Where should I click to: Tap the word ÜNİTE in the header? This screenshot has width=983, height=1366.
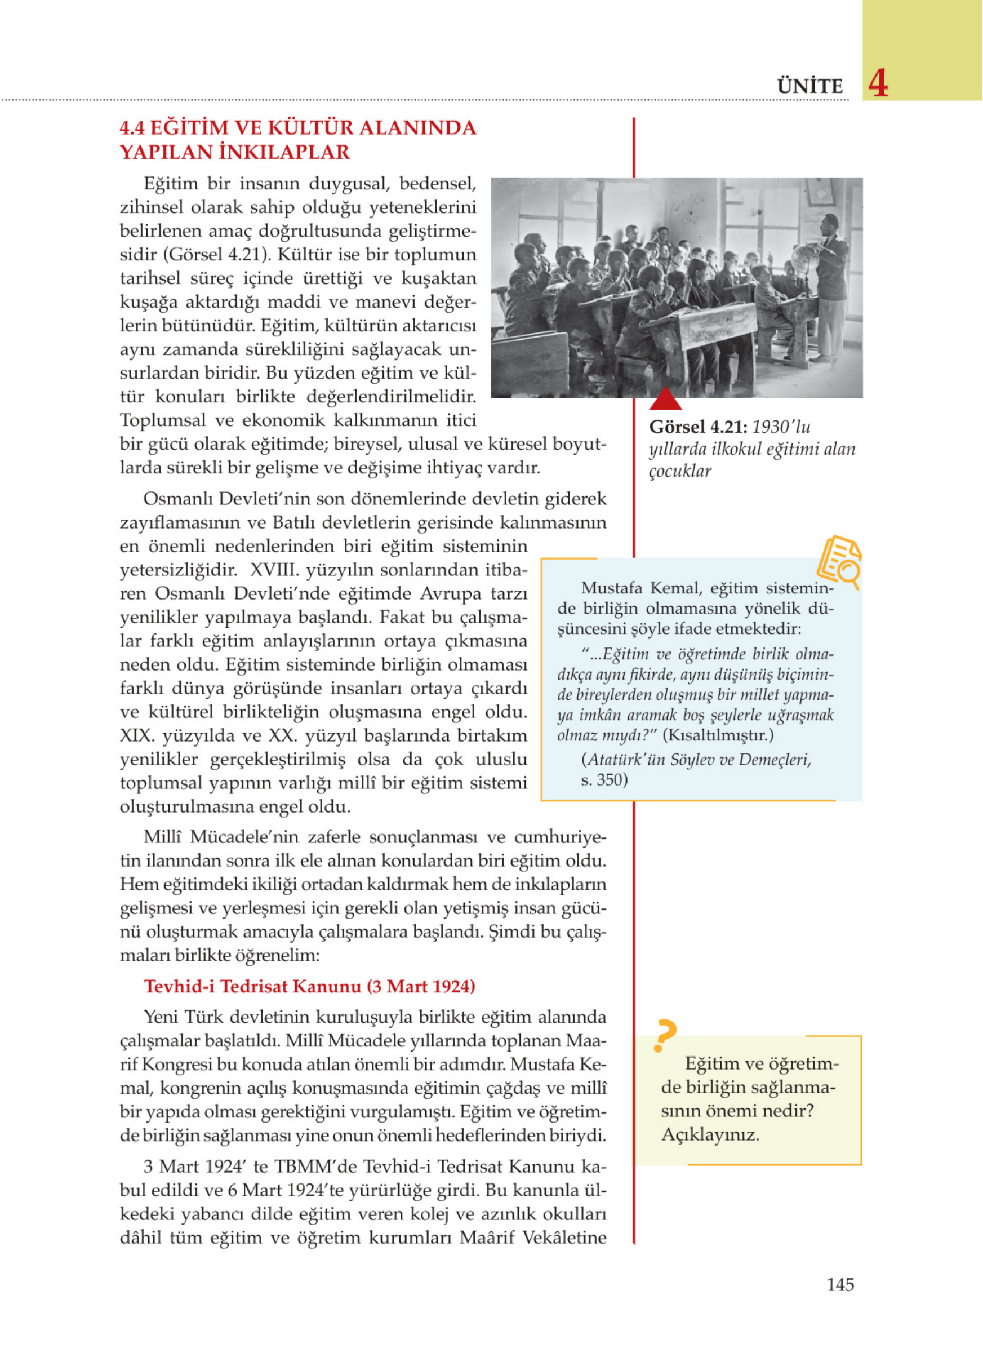[809, 86]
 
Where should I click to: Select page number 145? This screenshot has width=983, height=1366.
[840, 1285]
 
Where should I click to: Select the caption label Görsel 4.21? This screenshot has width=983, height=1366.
[697, 427]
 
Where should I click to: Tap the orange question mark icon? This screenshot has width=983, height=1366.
[665, 1035]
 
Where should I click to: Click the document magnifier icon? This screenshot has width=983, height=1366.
[839, 562]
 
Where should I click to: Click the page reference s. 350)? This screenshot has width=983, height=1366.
[604, 780]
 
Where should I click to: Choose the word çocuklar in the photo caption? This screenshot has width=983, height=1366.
[679, 471]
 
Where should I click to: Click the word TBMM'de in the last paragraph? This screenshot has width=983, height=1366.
[313, 1167]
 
